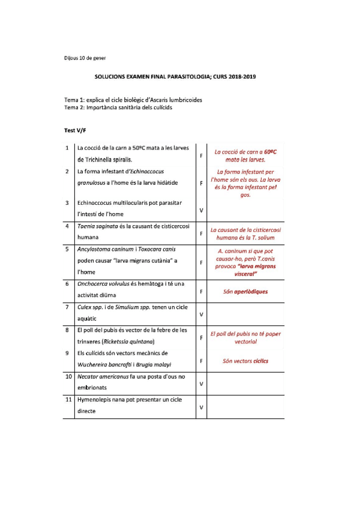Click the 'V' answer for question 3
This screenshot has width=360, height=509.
point(201,210)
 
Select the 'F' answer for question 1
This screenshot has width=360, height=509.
point(201,155)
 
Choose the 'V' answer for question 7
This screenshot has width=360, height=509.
point(201,314)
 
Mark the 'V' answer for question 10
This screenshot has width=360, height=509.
point(201,384)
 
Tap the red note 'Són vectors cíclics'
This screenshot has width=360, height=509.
point(245,361)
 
